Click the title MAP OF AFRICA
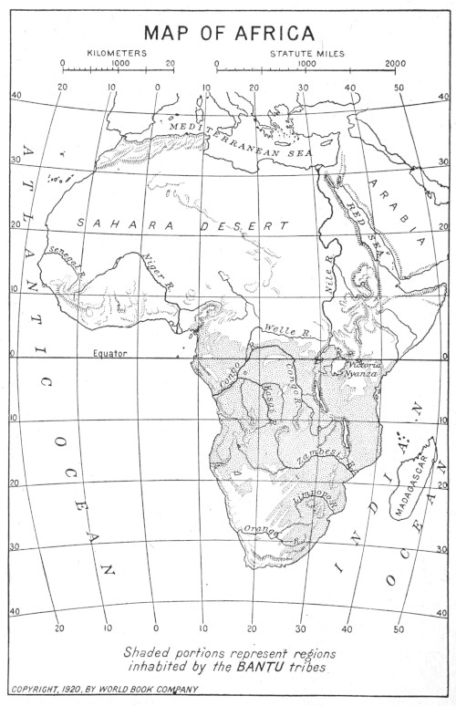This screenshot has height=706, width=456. pos(229,34)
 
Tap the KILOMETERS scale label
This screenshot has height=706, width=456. pos(118,54)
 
